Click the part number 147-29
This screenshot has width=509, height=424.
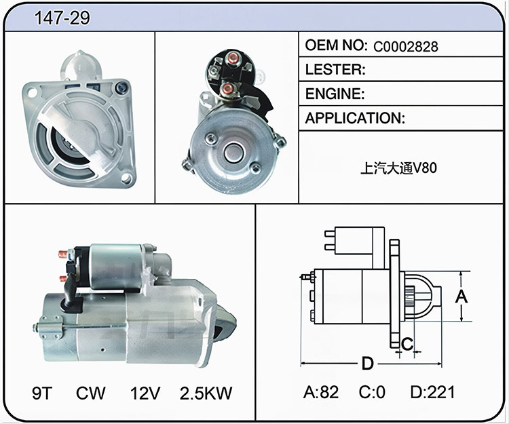[x=62, y=18]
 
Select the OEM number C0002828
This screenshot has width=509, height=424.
[x=405, y=47]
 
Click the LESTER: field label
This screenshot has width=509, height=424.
[x=335, y=69]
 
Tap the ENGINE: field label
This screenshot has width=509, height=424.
[x=335, y=94]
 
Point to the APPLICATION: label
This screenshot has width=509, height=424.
[x=355, y=118]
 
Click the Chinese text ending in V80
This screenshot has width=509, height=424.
[x=398, y=168]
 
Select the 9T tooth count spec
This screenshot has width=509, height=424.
[x=42, y=393]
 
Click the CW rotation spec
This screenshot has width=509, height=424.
[x=90, y=393]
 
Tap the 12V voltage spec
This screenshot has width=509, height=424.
[x=145, y=393]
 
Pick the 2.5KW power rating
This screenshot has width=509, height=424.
[x=206, y=393]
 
